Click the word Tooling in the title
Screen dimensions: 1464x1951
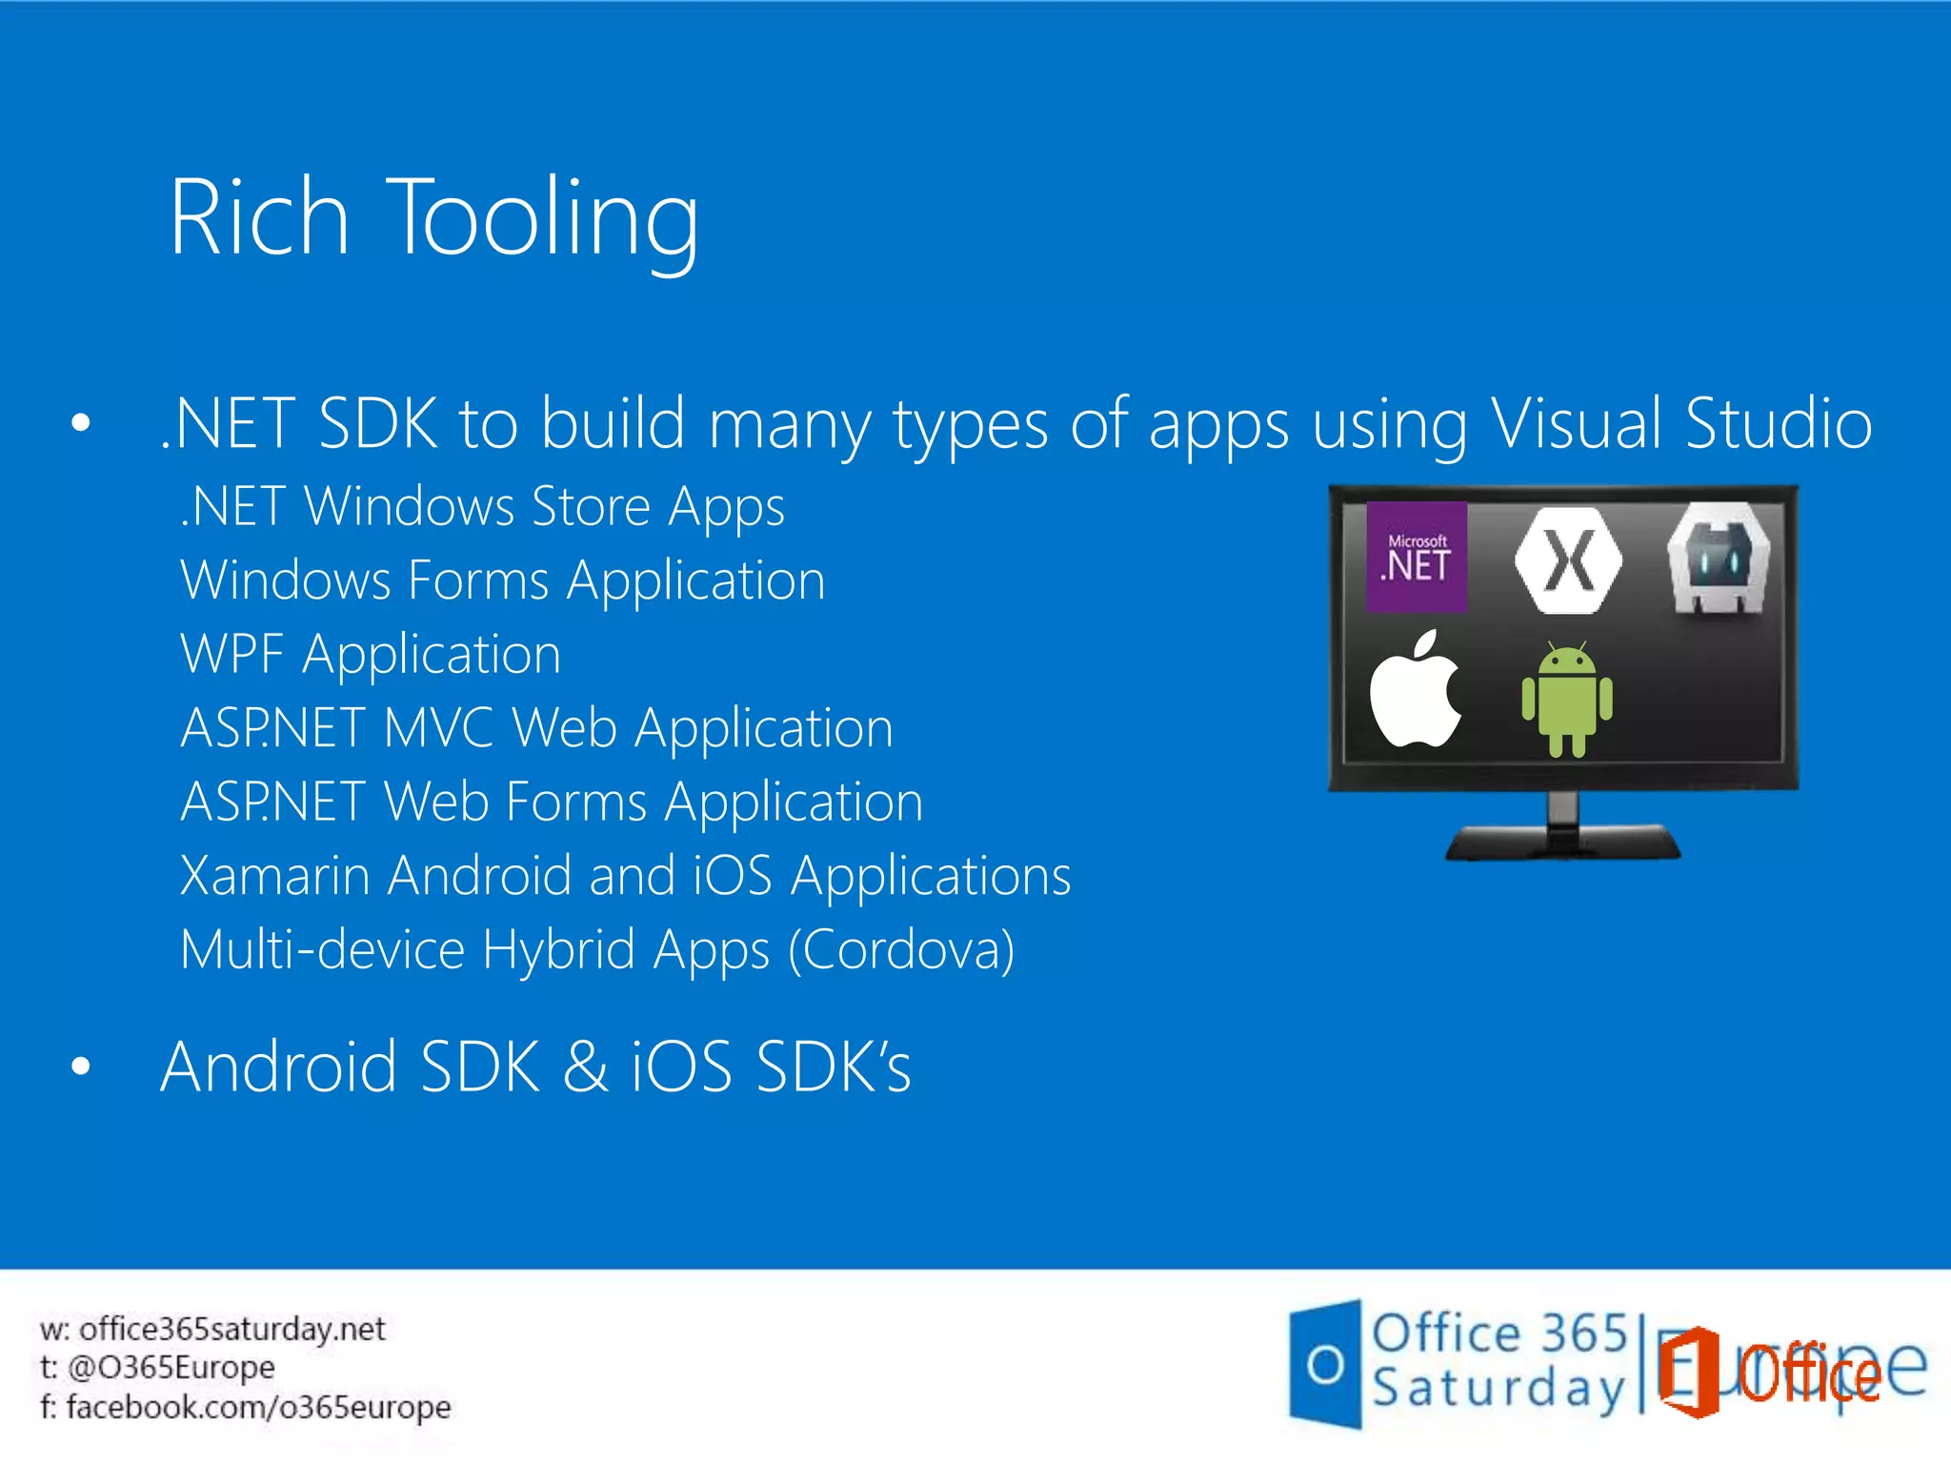545,219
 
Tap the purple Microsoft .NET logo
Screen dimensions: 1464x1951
1417,557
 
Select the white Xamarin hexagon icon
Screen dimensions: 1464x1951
1568,560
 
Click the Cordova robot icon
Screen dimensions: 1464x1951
1718,559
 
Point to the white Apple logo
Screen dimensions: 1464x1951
1415,691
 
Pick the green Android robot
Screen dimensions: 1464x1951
1567,701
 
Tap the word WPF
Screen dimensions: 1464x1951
231,655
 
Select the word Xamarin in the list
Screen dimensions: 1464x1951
274,876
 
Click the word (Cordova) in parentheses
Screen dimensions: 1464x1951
901,950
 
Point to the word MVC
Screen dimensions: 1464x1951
438,728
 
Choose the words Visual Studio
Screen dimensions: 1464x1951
1681,423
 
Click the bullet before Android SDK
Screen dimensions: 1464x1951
81,1067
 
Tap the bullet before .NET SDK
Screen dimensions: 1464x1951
81,423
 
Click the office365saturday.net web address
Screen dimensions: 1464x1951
231,1329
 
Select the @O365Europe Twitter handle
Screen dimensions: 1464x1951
171,1368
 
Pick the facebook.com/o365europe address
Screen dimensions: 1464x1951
258,1407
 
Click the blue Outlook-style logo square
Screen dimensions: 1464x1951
1325,1365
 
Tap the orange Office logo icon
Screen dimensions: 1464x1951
1688,1372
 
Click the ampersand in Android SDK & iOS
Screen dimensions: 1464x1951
585,1067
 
